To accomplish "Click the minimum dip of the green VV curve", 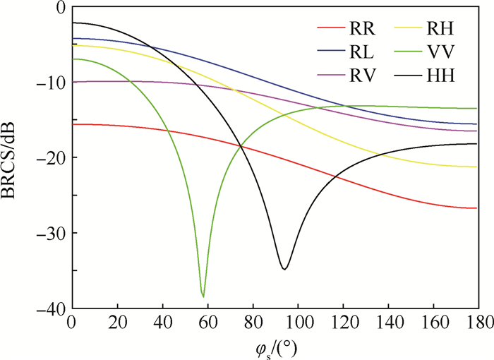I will [x=203, y=296].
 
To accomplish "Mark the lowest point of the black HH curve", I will [x=284, y=269].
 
